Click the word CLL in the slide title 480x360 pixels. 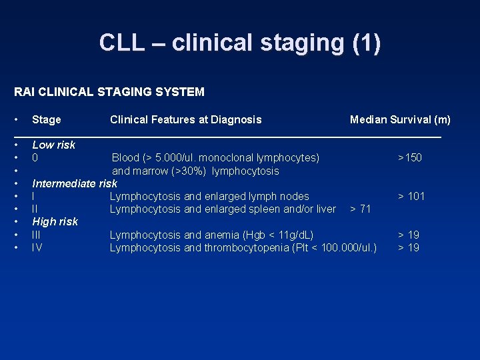(x=121, y=43)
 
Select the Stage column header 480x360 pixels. (x=46, y=120)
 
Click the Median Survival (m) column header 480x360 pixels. (x=400, y=120)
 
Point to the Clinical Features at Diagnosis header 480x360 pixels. (x=185, y=120)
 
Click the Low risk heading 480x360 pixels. (x=53, y=145)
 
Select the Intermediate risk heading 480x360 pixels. (x=74, y=183)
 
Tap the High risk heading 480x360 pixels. (x=55, y=221)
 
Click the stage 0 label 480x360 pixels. (x=35, y=158)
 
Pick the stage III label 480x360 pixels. (x=37, y=235)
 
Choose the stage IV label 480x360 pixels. (x=37, y=248)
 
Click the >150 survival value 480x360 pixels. (x=409, y=158)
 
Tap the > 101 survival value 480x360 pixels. (x=411, y=196)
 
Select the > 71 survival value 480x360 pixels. (x=360, y=209)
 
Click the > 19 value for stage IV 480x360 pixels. (x=408, y=248)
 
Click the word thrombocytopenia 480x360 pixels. (x=246, y=248)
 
